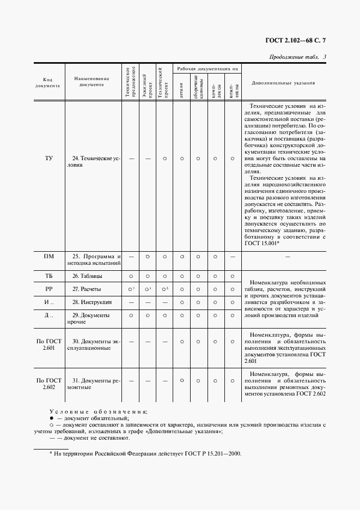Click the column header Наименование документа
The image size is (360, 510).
(92, 82)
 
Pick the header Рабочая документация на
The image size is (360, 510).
(206, 69)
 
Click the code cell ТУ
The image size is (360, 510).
(49, 159)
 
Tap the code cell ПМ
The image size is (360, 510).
(48, 256)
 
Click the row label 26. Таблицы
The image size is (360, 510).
(88, 276)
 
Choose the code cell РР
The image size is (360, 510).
(48, 289)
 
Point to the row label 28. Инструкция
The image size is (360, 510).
(92, 302)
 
